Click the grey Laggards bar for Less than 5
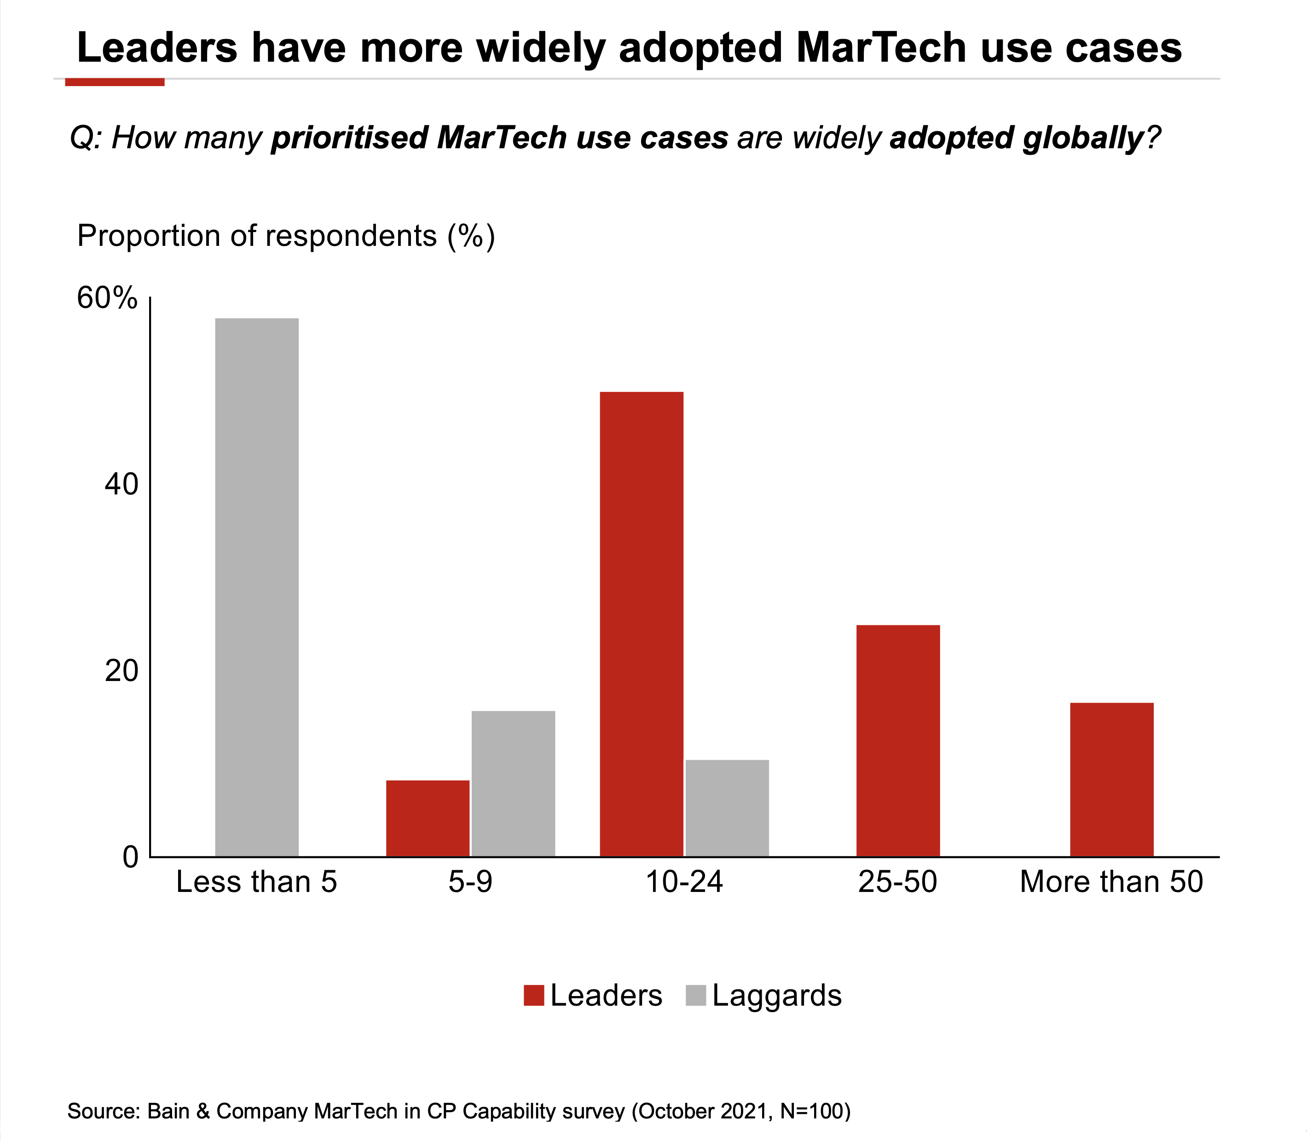tap(256, 587)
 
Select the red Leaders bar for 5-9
tap(428, 818)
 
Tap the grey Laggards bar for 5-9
tap(513, 783)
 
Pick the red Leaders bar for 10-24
tap(642, 624)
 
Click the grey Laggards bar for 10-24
tap(727, 808)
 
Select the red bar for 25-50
tap(898, 740)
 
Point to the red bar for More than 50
tap(1112, 780)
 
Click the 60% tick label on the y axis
tap(107, 298)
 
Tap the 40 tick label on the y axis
tap(121, 484)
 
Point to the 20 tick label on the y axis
tap(121, 670)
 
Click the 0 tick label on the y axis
tap(130, 857)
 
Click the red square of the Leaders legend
tap(533, 995)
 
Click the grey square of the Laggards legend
tap(695, 995)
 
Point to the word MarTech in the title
tap(881, 48)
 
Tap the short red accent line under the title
tap(115, 81)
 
